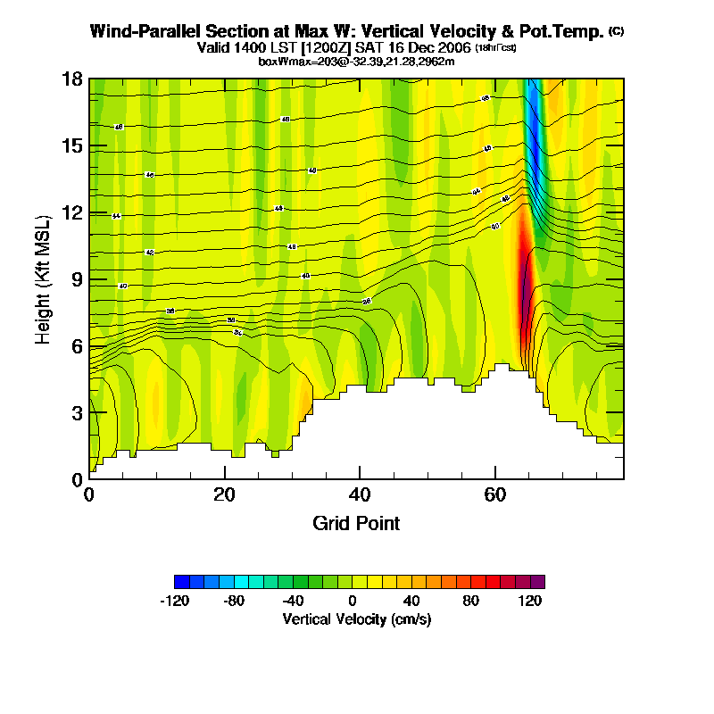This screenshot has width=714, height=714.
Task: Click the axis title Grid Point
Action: (x=356, y=523)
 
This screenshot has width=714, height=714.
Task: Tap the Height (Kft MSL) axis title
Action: (x=43, y=279)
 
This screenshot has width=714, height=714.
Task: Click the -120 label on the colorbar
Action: (x=174, y=601)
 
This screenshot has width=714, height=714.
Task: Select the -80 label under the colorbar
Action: (x=234, y=601)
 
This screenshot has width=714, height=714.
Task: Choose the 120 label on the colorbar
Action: (x=531, y=601)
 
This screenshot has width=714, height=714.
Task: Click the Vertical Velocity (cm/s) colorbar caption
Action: (x=357, y=619)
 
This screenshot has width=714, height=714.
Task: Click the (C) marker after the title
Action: (x=616, y=31)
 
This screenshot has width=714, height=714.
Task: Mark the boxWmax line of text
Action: (x=357, y=61)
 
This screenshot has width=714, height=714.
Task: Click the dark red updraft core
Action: (x=525, y=286)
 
